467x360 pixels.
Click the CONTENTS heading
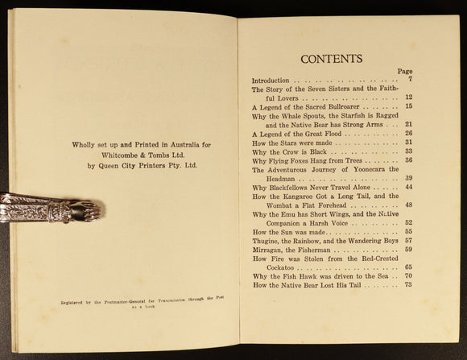[x=331, y=59]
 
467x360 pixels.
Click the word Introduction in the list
[x=272, y=81]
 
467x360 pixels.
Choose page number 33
[x=407, y=151]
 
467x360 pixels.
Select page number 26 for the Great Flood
[x=407, y=134]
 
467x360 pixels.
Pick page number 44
[x=407, y=187]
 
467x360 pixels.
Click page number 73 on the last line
[x=407, y=285]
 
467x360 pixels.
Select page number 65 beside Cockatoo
[x=407, y=267]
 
